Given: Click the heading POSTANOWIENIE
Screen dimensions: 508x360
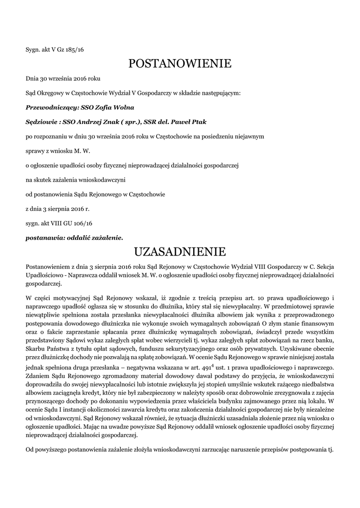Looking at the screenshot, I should [x=180, y=63].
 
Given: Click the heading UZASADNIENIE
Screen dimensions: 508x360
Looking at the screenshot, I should [x=180, y=250].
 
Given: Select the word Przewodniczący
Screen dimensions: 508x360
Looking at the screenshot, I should [x=49, y=107].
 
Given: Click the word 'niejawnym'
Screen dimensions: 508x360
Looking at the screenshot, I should [x=252, y=135].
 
